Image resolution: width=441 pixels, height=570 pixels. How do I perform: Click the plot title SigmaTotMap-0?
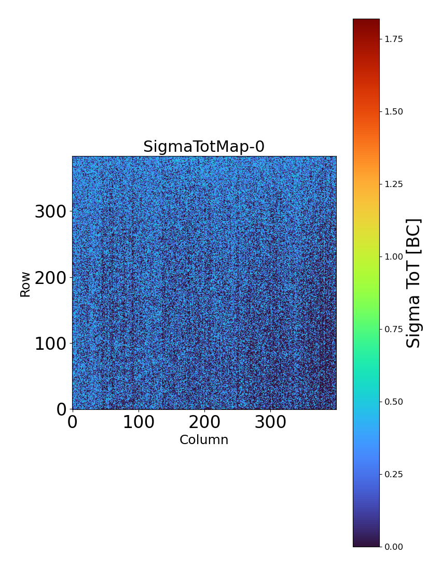[204, 147]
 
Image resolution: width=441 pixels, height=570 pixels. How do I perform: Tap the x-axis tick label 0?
[73, 422]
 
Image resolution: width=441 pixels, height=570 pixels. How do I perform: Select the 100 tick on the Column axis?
[139, 422]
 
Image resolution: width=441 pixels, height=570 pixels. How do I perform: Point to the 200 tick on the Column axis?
[204, 422]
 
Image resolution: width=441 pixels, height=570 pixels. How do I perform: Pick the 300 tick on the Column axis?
[270, 422]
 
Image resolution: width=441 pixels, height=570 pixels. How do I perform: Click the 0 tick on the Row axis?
[61, 409]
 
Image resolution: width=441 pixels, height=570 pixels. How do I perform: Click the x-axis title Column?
[204, 440]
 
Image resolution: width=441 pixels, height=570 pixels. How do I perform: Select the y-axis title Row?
[25, 284]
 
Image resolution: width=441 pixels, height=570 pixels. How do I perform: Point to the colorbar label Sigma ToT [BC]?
[414, 283]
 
